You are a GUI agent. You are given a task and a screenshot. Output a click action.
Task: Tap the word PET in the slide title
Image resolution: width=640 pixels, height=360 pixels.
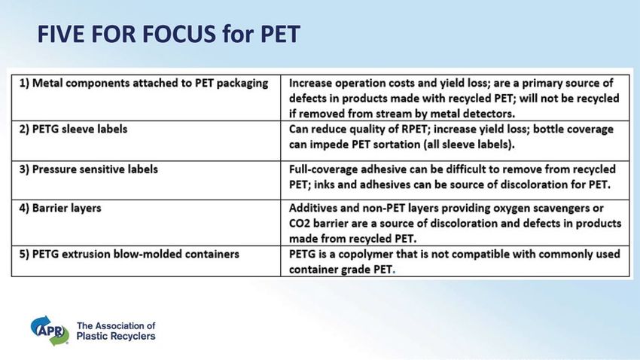coord(280,34)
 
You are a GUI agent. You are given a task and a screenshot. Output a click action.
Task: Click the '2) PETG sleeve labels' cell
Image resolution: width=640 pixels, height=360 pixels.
coord(74,129)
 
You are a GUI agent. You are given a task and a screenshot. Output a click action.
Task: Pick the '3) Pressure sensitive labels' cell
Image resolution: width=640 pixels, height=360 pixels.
coord(89,169)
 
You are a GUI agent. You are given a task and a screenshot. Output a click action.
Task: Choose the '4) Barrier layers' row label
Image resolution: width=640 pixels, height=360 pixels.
coord(60,208)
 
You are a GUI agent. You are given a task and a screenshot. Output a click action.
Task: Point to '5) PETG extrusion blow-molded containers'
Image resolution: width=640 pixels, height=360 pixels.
coord(129,255)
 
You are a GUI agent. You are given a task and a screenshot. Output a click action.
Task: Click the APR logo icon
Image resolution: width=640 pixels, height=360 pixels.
coord(50,331)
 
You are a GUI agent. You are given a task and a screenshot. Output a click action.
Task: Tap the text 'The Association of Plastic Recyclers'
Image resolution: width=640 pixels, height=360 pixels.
coord(116,331)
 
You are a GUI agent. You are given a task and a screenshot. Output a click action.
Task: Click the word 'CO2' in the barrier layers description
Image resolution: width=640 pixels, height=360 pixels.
coord(299,224)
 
